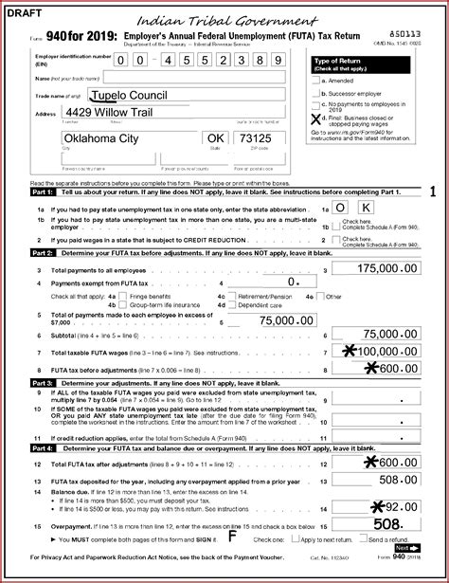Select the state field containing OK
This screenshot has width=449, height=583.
[216, 138]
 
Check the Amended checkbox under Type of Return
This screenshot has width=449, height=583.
[315, 82]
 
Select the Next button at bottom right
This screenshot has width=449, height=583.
[406, 547]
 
